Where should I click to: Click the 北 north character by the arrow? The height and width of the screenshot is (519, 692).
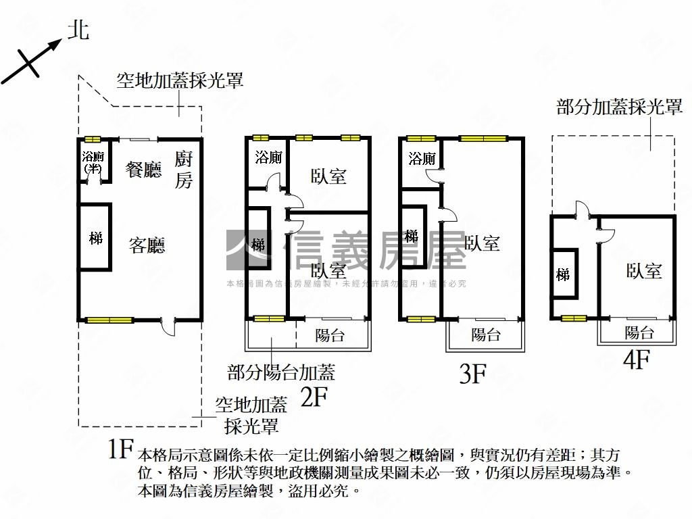point(79,29)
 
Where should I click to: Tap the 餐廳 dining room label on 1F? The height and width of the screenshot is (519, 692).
point(145,169)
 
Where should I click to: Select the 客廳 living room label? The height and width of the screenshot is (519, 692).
point(147,245)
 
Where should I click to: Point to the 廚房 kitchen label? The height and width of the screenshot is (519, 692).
point(184,170)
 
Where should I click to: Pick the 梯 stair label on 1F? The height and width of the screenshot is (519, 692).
point(96,239)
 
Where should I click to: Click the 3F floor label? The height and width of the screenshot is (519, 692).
point(473,374)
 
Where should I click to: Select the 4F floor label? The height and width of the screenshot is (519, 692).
point(636,359)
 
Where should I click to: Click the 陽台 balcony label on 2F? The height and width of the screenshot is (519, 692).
point(330,335)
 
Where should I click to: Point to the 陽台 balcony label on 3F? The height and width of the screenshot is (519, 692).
point(485,335)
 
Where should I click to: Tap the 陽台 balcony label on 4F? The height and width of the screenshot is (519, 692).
point(639,332)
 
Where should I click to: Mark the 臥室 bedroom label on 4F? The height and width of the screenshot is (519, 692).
point(643,272)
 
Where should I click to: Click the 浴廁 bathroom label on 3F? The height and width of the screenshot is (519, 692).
point(422,159)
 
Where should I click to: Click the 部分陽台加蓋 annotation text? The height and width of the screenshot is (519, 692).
point(281,372)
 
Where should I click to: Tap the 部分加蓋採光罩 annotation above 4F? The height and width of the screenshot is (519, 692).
point(619,107)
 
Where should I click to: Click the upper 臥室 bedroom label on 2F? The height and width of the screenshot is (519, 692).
point(328,176)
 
